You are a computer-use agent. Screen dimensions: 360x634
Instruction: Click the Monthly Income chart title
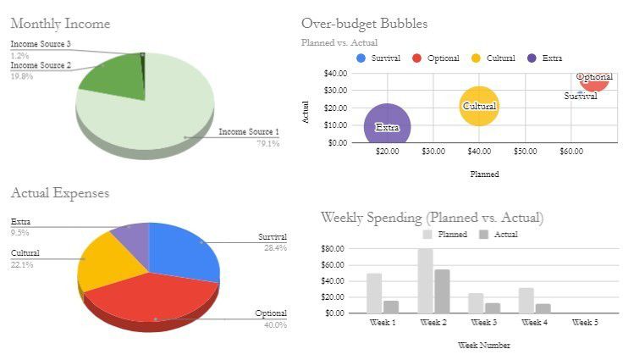[x=60, y=24]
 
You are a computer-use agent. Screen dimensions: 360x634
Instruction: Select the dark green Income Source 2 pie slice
[x=114, y=73]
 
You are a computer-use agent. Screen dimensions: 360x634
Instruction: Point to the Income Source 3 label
[x=41, y=44]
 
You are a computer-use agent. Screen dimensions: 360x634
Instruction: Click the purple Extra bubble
[x=387, y=125]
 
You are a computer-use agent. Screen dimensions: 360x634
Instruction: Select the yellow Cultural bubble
[x=479, y=105]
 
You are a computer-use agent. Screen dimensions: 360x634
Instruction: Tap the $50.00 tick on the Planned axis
[x=525, y=152]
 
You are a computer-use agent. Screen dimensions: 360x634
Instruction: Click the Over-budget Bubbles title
[x=364, y=24]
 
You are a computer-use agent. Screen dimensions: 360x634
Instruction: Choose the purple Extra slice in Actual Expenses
[x=130, y=238]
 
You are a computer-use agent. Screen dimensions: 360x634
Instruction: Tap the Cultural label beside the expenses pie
[x=25, y=253]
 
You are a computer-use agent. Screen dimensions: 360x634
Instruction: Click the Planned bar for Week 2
[x=425, y=280]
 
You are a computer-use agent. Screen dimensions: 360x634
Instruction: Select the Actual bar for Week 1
[x=391, y=307]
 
